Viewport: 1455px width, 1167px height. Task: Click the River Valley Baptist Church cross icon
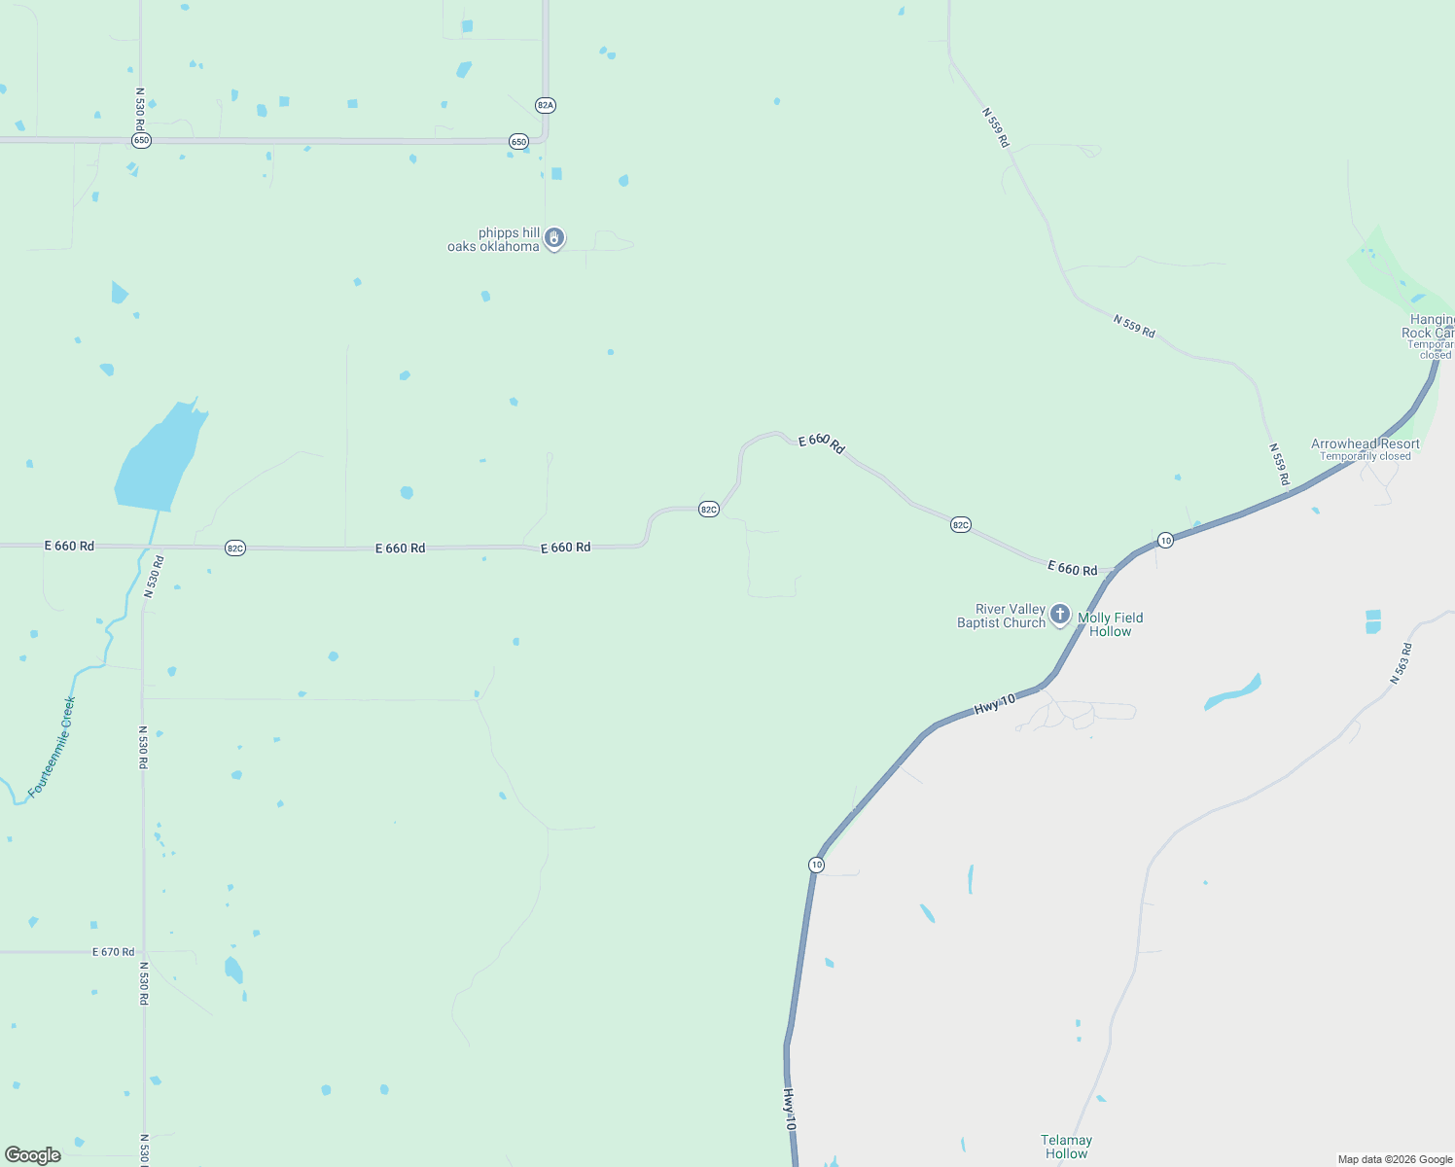pos(1060,615)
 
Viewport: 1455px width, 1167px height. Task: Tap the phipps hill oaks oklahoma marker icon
pos(554,237)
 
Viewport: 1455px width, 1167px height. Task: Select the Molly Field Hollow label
pos(1111,624)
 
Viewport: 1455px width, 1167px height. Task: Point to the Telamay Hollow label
pos(1066,1147)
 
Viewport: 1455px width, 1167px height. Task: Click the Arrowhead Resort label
pos(1365,444)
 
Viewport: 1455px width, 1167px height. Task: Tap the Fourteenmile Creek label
pos(52,747)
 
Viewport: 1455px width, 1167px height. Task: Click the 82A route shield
pos(545,105)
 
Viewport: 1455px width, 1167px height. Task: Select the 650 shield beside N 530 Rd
pos(141,141)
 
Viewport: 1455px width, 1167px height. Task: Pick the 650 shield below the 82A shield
pos(518,142)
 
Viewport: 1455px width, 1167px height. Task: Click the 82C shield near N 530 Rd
pos(234,548)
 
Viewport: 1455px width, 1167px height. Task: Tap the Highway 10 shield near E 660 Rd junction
pos(1165,540)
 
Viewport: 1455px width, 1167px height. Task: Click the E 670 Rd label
pos(113,952)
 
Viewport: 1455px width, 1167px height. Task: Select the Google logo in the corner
pos(33,1155)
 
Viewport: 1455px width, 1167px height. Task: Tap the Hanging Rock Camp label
pos(1432,326)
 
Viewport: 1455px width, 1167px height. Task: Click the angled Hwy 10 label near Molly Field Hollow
pos(994,705)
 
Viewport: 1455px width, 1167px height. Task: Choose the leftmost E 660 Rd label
pos(69,547)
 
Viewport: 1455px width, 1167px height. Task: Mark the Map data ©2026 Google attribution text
pos(1395,1159)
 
